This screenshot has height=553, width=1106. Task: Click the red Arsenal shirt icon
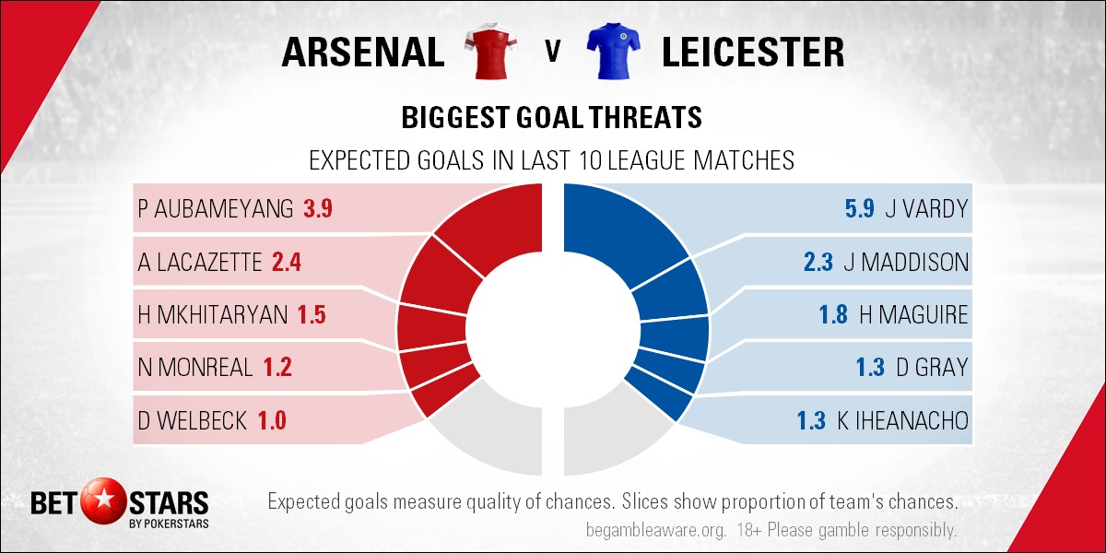[490, 51]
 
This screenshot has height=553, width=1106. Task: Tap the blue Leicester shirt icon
[613, 51]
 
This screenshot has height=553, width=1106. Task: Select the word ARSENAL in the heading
[363, 52]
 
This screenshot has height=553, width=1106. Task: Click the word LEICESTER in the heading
[753, 52]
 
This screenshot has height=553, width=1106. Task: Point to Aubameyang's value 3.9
[317, 209]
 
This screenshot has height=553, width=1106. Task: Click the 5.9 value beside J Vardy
[860, 209]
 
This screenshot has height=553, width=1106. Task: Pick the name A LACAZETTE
[199, 262]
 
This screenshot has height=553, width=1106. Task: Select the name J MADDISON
[907, 262]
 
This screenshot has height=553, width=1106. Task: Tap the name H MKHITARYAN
[213, 315]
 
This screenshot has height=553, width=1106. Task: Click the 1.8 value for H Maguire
[833, 315]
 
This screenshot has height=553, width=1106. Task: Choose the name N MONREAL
[195, 368]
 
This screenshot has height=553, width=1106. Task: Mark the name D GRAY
[932, 368]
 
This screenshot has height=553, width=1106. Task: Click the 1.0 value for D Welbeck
[272, 420]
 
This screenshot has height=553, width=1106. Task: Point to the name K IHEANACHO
[903, 420]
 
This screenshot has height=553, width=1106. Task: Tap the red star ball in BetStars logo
[103, 501]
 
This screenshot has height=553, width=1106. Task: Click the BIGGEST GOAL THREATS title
[551, 118]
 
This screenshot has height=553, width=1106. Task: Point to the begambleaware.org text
[656, 530]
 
